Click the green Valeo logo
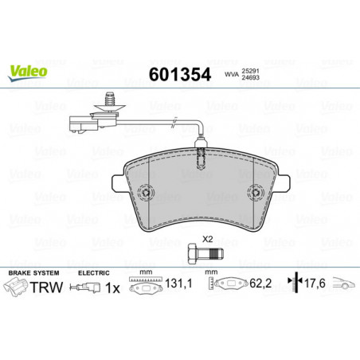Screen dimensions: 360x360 pos(28,72)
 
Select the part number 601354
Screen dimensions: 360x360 pos(180,75)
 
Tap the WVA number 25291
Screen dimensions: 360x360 pos(250,71)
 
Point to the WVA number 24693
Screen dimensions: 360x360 pos(250,77)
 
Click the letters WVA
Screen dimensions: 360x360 pos(232,75)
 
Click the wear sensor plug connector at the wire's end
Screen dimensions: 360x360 pos(80,124)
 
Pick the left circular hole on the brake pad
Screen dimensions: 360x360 pos(146,193)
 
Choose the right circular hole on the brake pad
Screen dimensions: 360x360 pos(256,193)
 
